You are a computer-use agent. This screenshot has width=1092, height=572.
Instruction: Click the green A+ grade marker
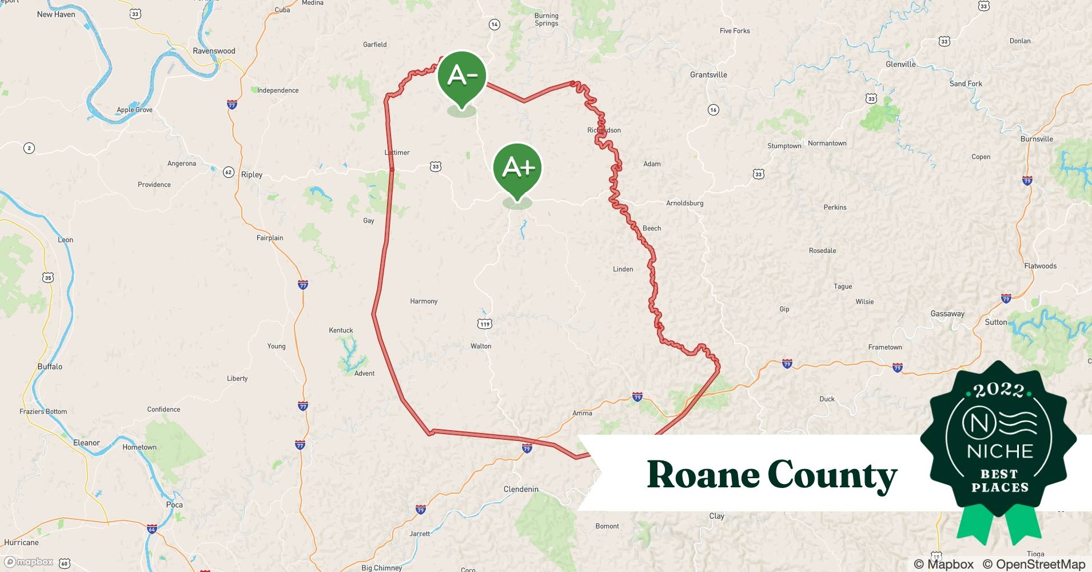click(517, 168)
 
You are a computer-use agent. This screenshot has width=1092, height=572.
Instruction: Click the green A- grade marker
click(462, 76)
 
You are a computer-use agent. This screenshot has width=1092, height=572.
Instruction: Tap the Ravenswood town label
click(214, 51)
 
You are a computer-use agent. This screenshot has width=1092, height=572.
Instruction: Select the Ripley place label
click(252, 174)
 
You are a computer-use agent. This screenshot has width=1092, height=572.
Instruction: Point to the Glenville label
click(900, 64)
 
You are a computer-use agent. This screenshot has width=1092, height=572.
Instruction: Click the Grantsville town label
click(708, 75)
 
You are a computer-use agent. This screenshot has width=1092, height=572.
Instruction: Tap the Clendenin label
click(521, 489)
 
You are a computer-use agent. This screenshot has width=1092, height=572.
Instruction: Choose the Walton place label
click(481, 346)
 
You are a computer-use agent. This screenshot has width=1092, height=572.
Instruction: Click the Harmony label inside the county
click(424, 301)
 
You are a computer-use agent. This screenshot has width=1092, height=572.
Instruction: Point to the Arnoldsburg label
click(684, 203)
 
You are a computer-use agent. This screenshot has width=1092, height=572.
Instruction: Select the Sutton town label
click(996, 322)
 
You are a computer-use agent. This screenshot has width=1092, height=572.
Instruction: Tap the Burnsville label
click(1037, 139)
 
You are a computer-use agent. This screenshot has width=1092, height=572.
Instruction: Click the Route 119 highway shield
click(485, 324)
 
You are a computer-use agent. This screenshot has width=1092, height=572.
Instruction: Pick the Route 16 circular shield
click(713, 110)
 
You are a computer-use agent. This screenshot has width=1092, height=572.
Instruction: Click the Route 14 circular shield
click(495, 25)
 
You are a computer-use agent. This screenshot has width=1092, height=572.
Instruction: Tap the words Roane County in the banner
click(772, 475)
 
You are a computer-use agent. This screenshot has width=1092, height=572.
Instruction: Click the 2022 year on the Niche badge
click(999, 390)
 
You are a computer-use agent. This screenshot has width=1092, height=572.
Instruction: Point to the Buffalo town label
click(50, 367)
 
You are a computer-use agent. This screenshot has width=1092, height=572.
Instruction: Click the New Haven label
click(56, 14)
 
